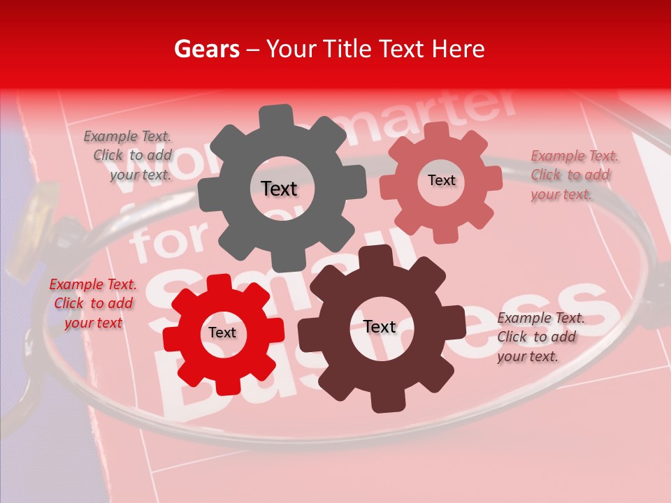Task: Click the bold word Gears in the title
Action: (206, 49)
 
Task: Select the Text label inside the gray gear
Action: (279, 189)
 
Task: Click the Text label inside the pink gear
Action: (441, 180)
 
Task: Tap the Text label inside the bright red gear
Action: (222, 333)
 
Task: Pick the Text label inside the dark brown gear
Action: (380, 327)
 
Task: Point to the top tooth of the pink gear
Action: (437, 131)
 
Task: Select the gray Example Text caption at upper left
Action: (128, 156)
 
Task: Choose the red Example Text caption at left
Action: (93, 303)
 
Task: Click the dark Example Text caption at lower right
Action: (540, 337)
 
